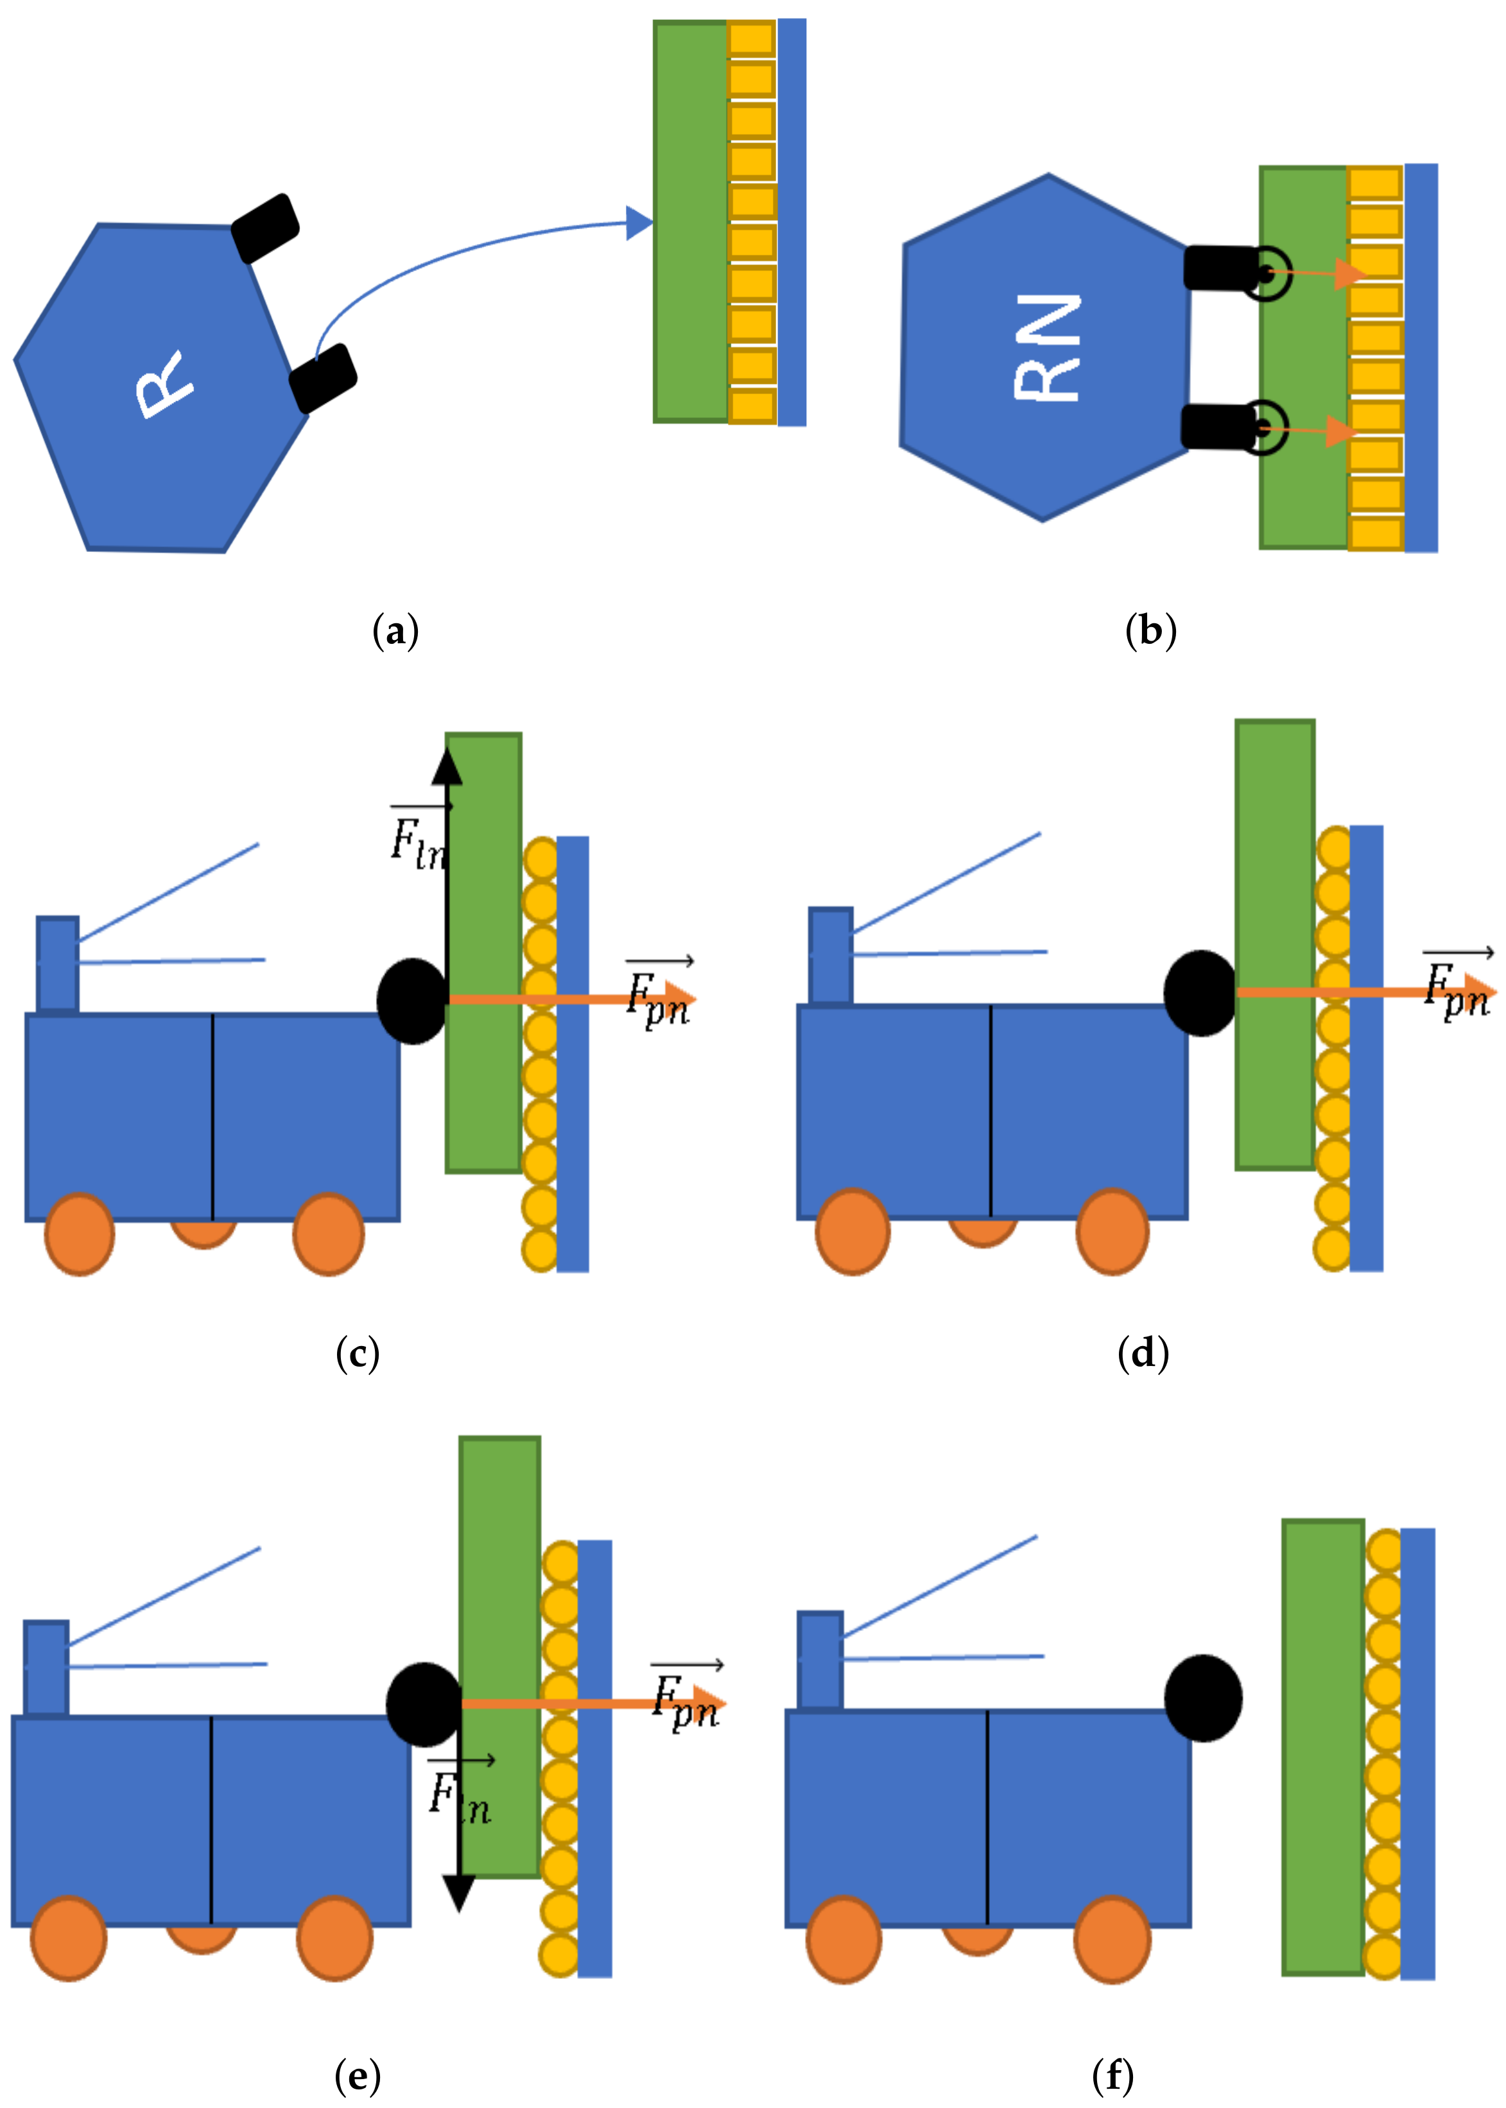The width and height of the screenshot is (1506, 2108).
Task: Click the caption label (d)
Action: tap(1143, 1354)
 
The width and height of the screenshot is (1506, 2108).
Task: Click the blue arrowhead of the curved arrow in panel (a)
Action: tap(639, 223)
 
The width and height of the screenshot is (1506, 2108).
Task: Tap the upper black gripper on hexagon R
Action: tap(264, 228)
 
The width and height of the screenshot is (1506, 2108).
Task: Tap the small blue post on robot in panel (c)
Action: tap(58, 965)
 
